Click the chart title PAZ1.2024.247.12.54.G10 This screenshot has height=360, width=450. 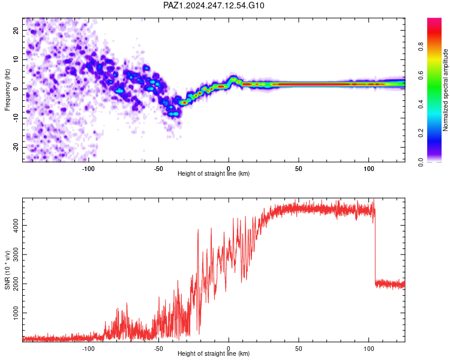coord(214,5)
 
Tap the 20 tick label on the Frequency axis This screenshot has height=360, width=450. coord(16,30)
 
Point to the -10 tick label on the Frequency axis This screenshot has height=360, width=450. coord(16,118)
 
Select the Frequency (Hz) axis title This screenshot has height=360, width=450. coord(7,90)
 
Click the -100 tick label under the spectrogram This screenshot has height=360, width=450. coord(88,169)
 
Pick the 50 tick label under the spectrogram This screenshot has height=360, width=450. coord(298,169)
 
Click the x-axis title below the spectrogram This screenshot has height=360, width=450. coord(214,173)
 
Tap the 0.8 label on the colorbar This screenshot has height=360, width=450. coord(421,46)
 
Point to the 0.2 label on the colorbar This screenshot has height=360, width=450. coord(421,133)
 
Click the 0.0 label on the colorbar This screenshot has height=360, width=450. coord(421,162)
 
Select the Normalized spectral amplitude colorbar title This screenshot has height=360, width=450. coord(445,90)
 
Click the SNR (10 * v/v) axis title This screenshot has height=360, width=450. coord(7,270)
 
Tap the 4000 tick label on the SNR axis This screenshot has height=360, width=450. coord(16,226)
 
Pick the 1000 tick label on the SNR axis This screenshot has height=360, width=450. coord(16,313)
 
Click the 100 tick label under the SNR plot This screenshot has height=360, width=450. coord(369,349)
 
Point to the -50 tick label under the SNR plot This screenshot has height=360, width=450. coord(158,349)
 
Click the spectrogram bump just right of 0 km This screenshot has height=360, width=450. coord(233,79)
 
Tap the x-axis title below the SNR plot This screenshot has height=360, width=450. coord(214,353)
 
